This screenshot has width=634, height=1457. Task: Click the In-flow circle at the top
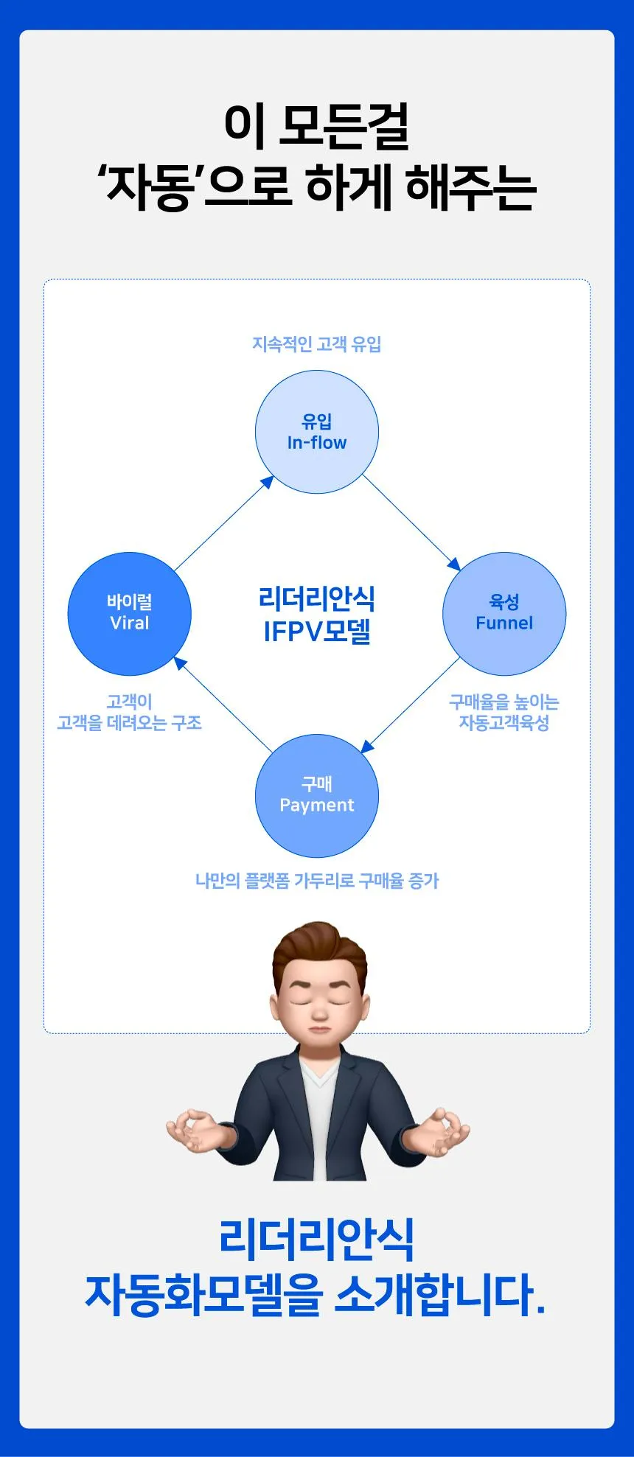pyautogui.click(x=317, y=432)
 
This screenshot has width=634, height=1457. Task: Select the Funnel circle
pyautogui.click(x=504, y=614)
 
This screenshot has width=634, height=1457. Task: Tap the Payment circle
pyautogui.click(x=317, y=795)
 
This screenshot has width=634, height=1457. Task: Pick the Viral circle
pyautogui.click(x=130, y=614)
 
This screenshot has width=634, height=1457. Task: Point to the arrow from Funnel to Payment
pyautogui.click(x=410, y=705)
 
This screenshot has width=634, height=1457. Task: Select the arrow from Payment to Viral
pyautogui.click(x=223, y=705)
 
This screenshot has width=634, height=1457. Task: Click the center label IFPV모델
pyautogui.click(x=317, y=632)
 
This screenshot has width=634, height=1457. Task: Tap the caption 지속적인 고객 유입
pyautogui.click(x=317, y=344)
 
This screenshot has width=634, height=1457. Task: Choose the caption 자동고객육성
pyautogui.click(x=504, y=723)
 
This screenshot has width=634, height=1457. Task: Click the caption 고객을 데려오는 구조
pyautogui.click(x=130, y=723)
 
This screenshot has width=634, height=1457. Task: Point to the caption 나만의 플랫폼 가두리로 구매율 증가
pyautogui.click(x=317, y=881)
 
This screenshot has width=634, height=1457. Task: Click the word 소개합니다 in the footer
pyautogui.click(x=440, y=1295)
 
